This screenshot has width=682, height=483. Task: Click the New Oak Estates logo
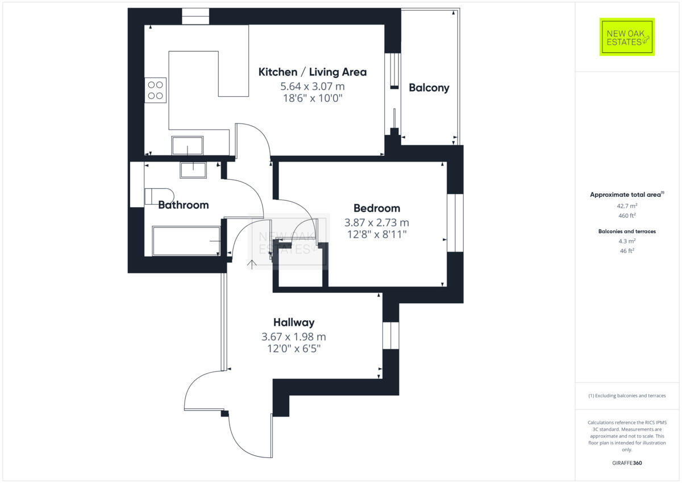[627, 37]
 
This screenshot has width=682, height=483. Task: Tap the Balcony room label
[429, 88]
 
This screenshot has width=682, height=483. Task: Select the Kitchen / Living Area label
[312, 72]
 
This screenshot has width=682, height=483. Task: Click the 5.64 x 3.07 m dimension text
[312, 86]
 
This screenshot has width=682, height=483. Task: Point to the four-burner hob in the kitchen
[156, 90]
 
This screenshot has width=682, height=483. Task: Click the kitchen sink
[188, 146]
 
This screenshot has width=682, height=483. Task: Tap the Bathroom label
[183, 205]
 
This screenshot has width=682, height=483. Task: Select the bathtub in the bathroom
[186, 241]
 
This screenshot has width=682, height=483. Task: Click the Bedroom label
[376, 208]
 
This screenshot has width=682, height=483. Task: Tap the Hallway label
[293, 323]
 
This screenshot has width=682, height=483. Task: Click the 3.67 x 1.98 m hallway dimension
[293, 337]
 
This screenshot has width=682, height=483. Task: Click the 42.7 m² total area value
[627, 206]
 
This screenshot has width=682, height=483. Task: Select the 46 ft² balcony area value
[627, 250]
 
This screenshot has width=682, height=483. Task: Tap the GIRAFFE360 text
[627, 463]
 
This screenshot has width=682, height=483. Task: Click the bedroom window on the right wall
[455, 223]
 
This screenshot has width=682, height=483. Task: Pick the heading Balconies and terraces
[627, 232]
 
